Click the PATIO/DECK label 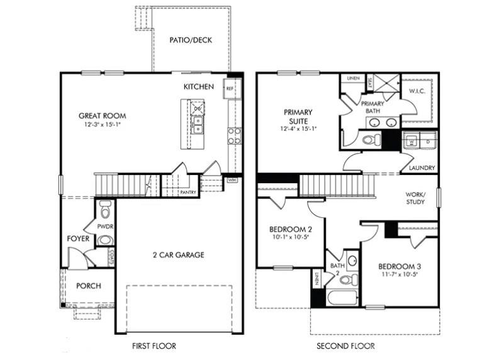(x=191, y=40)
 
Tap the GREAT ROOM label (x=102, y=116)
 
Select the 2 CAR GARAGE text (x=178, y=255)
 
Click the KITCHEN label (x=198, y=86)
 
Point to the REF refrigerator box (x=230, y=89)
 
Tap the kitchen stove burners (x=234, y=136)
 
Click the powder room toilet (x=105, y=209)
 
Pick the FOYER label (x=78, y=239)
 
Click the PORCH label (x=89, y=286)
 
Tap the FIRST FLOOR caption (x=154, y=346)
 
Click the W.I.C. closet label (x=417, y=91)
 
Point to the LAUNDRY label (x=421, y=168)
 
